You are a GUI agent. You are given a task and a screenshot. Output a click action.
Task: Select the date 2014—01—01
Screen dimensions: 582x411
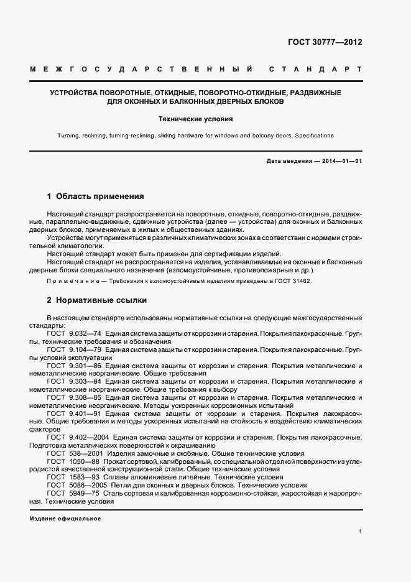click(341, 162)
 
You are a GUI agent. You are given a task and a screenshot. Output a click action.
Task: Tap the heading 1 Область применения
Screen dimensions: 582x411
click(96, 196)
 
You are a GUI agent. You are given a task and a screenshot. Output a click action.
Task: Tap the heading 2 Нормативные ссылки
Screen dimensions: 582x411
click(97, 300)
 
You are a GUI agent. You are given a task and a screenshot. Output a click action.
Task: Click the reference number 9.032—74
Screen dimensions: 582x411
click(85, 333)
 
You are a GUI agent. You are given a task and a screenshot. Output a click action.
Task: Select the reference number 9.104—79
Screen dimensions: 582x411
click(85, 349)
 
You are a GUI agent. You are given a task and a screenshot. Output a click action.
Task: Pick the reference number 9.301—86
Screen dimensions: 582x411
click(85, 366)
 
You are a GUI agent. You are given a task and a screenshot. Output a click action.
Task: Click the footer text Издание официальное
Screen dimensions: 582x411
click(65, 519)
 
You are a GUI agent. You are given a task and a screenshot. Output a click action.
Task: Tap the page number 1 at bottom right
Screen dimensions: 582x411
click(361, 532)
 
